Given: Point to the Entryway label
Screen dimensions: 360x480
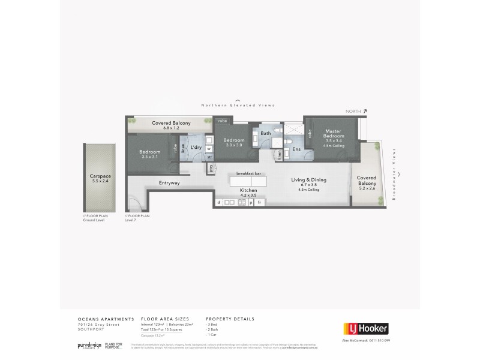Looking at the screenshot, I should coord(170,182).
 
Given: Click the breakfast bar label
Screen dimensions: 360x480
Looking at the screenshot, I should coord(248,173).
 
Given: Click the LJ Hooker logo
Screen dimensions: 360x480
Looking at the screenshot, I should coord(366,328).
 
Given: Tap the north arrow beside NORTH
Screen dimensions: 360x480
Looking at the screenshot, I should coord(365,111).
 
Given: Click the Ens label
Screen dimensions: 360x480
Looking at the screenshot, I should coord(296,149).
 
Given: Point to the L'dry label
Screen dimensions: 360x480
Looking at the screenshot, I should coord(196,147).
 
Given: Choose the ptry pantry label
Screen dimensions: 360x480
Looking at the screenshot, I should coord(211,169).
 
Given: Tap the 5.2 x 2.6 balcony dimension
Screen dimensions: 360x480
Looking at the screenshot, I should coord(367,188).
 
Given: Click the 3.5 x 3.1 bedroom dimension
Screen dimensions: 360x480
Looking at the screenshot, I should coord(150,157).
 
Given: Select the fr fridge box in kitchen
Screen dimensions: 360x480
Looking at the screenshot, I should coord(259,203).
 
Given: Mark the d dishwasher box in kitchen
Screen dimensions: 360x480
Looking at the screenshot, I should coord(218,203).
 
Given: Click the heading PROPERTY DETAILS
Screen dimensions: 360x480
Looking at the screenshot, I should coord(230,319).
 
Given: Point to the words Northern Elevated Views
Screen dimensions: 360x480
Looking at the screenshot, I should coord(238,105).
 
